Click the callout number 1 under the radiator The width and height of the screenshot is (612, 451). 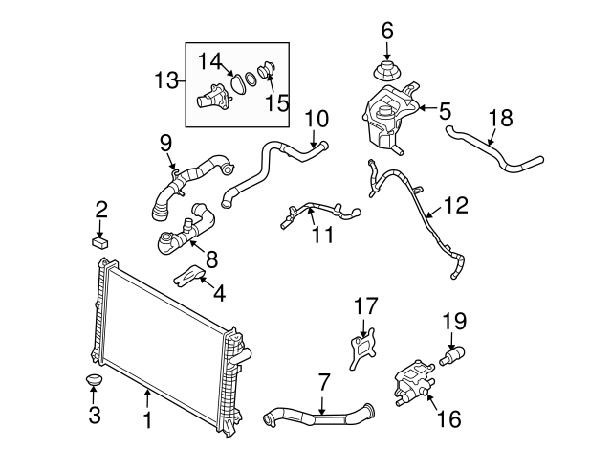(146, 420)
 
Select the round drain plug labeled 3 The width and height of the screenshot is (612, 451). (94, 383)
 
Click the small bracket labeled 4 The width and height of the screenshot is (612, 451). (190, 277)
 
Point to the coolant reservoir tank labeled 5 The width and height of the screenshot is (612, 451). (388, 115)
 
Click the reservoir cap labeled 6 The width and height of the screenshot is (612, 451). (387, 71)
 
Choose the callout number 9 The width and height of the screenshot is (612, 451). (165, 143)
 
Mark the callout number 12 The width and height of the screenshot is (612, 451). (457, 204)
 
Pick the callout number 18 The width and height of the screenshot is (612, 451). (500, 119)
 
